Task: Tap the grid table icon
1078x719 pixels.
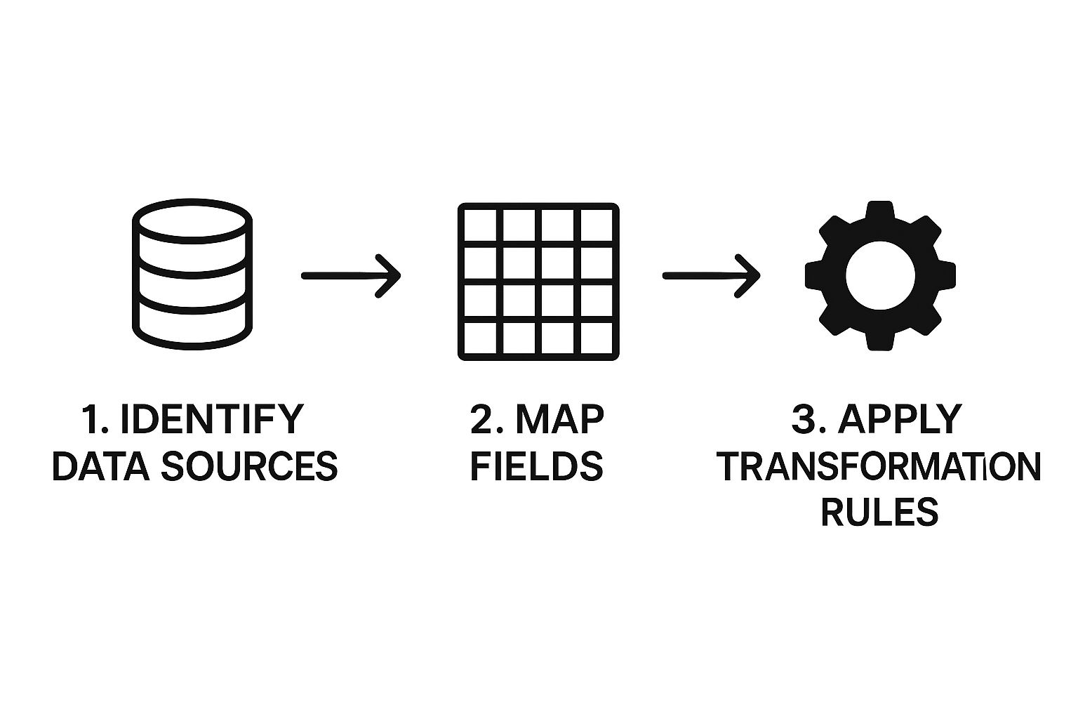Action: point(538,282)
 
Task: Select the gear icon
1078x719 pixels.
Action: point(879,275)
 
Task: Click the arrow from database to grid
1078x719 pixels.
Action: point(350,275)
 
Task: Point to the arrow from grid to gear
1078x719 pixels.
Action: point(710,275)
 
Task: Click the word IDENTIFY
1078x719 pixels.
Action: point(212,419)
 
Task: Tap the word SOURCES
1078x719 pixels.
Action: point(249,466)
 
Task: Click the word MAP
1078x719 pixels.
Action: point(559,419)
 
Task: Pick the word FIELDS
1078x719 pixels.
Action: point(537,466)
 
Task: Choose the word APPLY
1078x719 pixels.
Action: point(900,419)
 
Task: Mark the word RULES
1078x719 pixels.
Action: point(879,512)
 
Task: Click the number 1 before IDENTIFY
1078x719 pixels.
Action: point(90,419)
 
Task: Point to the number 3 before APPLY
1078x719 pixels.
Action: point(804,419)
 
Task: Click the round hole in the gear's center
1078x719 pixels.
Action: point(879,275)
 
